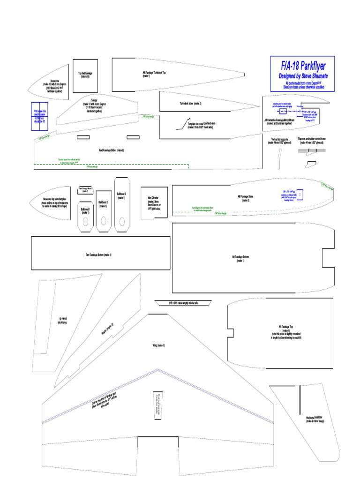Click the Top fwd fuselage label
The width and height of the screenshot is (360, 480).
point(85,75)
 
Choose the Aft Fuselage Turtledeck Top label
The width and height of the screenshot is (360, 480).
point(154,74)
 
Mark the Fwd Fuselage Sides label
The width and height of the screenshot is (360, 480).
point(111,150)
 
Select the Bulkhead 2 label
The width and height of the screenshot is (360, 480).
point(103,204)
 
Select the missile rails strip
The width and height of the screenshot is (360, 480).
point(182,303)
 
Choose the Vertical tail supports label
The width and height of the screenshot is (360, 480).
point(280,141)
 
